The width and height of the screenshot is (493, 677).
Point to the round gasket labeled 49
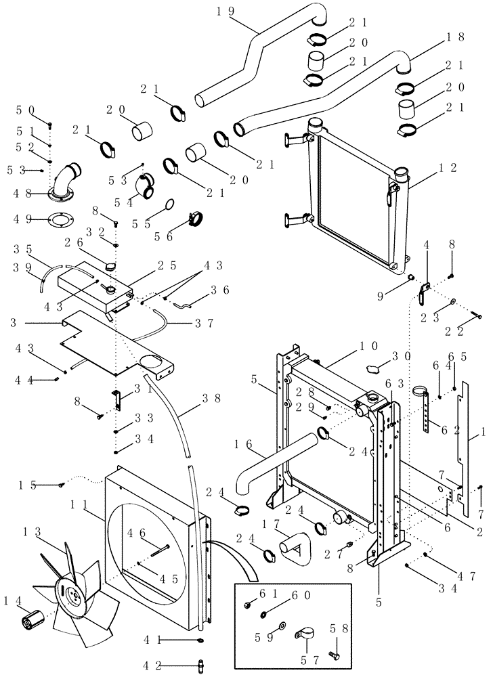[63, 219]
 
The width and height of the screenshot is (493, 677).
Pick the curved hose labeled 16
[257, 467]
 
